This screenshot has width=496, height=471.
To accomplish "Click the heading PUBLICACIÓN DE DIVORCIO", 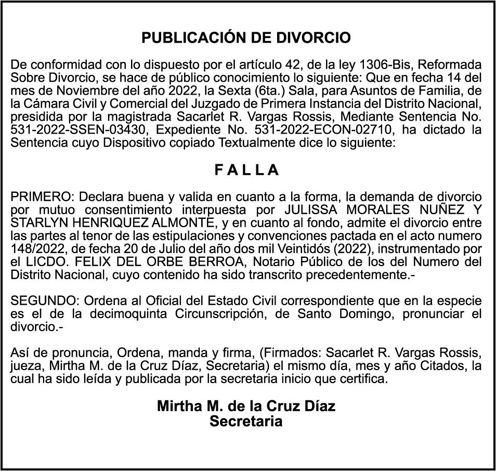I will click(246, 38).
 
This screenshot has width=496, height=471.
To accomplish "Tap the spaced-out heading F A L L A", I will click(247, 170).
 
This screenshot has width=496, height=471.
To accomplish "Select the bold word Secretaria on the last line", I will click(246, 421).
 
